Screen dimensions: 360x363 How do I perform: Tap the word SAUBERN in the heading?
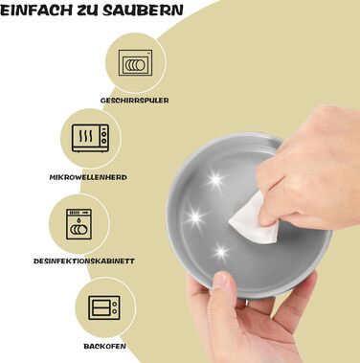pos(143,11)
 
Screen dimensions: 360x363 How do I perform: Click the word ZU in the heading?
pos(87,11)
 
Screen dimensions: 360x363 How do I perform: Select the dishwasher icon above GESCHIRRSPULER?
pos(135,62)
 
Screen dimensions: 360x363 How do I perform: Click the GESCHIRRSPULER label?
pos(134,101)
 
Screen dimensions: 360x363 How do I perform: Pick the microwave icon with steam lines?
pos(91,138)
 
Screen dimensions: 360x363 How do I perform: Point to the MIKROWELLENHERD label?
pos(88,177)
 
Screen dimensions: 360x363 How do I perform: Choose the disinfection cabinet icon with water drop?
pos(79,224)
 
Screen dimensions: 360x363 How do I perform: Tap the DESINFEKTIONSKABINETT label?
pos(84,261)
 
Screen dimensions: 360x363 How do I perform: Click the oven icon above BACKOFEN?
pos(104,307)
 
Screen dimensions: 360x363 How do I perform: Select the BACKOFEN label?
pos(104,346)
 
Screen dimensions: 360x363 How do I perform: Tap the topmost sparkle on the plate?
pos(215,180)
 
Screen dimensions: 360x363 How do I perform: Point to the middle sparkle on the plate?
pos(195,218)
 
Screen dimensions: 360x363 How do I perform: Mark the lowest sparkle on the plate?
pos(221,253)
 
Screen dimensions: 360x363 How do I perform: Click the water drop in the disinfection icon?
pos(79,219)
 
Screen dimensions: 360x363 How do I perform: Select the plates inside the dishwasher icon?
pos(135,65)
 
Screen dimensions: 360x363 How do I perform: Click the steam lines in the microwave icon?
pos(86,136)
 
